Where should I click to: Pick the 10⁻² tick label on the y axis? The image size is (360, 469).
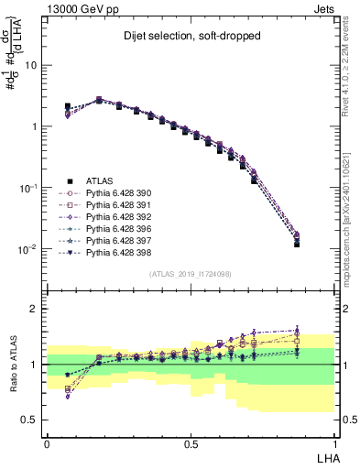coord(29,249)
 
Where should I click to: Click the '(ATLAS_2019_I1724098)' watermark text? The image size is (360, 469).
coord(191,274)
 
